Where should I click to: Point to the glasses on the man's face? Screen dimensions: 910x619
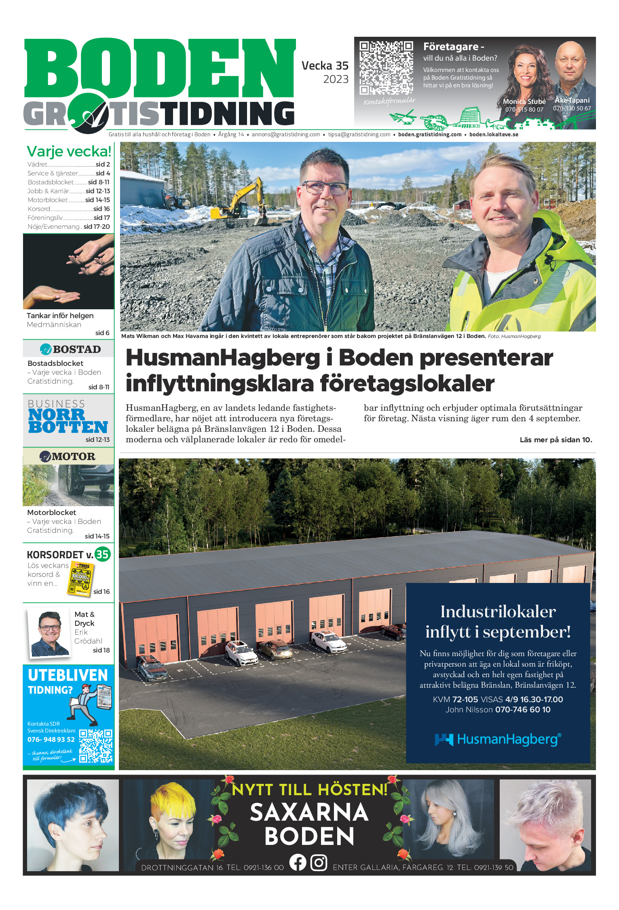pyautogui.click(x=324, y=187)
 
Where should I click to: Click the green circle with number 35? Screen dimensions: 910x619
pyautogui.click(x=102, y=554)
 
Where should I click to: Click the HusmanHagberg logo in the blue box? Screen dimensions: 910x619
pyautogui.click(x=498, y=739)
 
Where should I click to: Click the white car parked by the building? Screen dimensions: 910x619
pyautogui.click(x=328, y=641)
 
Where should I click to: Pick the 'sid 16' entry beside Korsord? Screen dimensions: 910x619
pyautogui.click(x=101, y=209)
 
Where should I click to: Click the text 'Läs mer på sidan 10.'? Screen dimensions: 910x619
pyautogui.click(x=556, y=440)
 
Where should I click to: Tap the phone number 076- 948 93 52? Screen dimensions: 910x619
pyautogui.click(x=51, y=739)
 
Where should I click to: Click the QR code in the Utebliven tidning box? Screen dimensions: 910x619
pyautogui.click(x=95, y=746)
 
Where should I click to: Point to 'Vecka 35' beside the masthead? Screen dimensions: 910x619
pyautogui.click(x=325, y=65)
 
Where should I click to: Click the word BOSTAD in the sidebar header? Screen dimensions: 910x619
pyautogui.click(x=76, y=349)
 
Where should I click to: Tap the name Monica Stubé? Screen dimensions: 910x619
pyautogui.click(x=524, y=101)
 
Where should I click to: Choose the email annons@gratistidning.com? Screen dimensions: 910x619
pyautogui.click(x=286, y=135)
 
